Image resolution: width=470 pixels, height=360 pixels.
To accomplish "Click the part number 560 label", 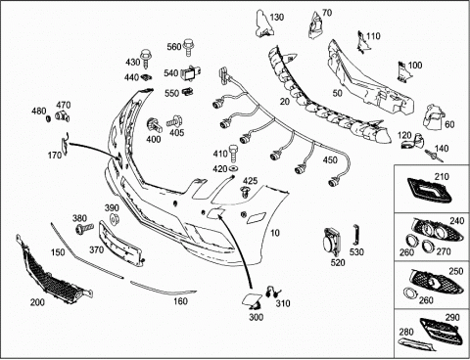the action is (174, 47).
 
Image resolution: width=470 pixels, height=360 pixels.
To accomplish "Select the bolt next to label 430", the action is (146, 59).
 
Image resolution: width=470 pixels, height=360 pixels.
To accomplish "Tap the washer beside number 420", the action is (233, 168).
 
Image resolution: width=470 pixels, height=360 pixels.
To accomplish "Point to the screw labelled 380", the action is (84, 228).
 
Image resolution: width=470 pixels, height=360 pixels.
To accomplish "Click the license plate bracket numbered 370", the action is (120, 243).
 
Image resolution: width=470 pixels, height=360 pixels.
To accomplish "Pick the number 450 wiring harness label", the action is (330, 160).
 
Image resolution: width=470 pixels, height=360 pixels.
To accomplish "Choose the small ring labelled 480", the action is (48, 118).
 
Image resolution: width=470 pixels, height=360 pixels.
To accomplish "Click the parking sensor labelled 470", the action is (62, 116).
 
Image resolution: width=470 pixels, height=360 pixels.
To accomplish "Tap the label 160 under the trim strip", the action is (180, 301).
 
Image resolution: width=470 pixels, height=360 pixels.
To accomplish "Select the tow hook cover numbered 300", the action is (251, 300).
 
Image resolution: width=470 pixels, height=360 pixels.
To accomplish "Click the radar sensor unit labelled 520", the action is (332, 243).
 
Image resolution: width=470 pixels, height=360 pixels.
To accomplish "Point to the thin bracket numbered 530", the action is (356, 235).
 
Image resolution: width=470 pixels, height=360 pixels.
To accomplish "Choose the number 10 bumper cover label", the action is (275, 233).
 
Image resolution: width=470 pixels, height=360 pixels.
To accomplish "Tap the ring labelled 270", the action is (427, 246).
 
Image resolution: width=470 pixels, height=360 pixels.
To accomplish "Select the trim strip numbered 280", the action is (417, 344).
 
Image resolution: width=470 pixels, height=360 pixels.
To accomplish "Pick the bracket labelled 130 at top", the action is (262, 23).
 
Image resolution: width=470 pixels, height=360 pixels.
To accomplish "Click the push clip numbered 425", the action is (245, 192).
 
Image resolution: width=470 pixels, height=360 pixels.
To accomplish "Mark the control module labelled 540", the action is (191, 73).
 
